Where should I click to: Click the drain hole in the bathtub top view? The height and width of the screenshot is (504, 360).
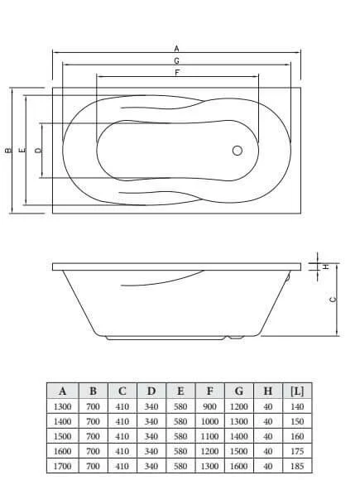[x=238, y=151]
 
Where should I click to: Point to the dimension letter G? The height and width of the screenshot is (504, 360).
[x=177, y=60]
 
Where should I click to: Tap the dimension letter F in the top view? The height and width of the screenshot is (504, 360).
[x=177, y=72]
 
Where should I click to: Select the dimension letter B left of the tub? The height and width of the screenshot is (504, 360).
[x=8, y=151]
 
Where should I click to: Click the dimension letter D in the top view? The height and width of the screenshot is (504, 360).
[x=38, y=151]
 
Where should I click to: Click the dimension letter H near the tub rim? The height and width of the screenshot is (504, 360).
[x=325, y=266]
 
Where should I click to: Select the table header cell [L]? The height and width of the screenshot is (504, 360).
[x=296, y=391]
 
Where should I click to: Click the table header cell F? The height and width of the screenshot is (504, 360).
[x=209, y=391]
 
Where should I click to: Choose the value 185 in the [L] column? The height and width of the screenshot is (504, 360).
[x=296, y=466]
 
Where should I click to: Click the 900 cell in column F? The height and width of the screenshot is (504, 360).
[x=209, y=406]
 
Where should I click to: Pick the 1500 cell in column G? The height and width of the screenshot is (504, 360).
[x=238, y=451]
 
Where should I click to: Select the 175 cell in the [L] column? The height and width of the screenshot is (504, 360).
[x=296, y=451]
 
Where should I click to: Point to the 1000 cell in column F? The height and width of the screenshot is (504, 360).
[x=209, y=421]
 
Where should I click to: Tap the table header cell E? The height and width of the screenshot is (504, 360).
[x=180, y=391]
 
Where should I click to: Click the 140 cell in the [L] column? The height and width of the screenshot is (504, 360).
[x=296, y=406]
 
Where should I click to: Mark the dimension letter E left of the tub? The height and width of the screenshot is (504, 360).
[x=23, y=151]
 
